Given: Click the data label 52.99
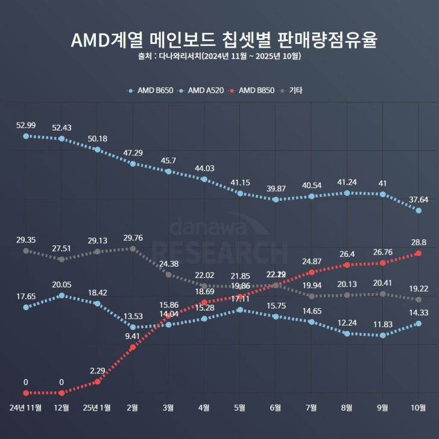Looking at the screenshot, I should click(26, 125).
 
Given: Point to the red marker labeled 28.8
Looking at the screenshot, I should click(418, 254).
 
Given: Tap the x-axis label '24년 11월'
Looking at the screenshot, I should click(26, 408).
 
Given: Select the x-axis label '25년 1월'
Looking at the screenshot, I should click(97, 408).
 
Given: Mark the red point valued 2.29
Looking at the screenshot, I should click(97, 382).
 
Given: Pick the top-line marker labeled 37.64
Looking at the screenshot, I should click(418, 210).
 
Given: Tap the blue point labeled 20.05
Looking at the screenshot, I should click(62, 295).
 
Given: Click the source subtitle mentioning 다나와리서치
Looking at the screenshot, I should click(219, 57).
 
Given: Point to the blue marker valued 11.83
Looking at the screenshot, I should click(383, 335).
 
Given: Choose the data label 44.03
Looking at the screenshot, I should click(204, 168).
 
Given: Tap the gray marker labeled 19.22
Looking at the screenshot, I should click(418, 300).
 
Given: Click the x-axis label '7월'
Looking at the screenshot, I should click(311, 408).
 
